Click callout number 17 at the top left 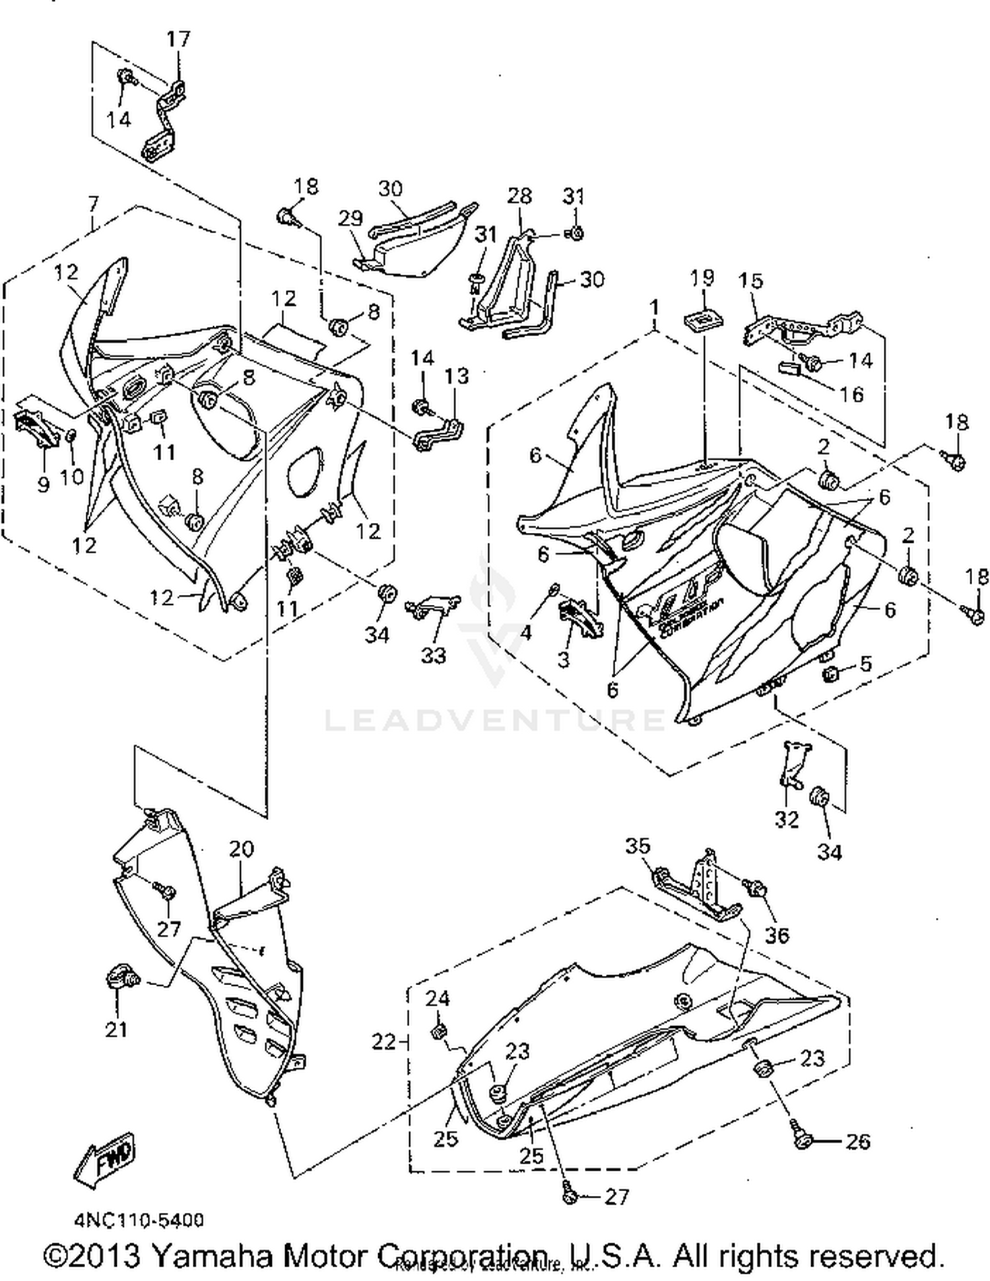tap(178, 40)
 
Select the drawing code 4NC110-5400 tap(139, 1220)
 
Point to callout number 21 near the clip tap(117, 1029)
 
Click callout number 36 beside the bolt tap(777, 935)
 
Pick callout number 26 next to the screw tap(857, 1142)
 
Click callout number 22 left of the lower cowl tap(383, 1041)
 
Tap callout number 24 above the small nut tap(437, 998)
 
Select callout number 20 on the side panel tap(242, 848)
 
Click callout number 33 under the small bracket tap(434, 655)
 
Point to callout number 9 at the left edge tap(43, 485)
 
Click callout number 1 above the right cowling tap(654, 308)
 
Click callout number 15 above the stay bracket tap(750, 281)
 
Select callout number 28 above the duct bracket tap(519, 195)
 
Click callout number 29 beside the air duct tap(350, 219)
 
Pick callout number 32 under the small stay tap(787, 819)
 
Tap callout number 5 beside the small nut tap(866, 663)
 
